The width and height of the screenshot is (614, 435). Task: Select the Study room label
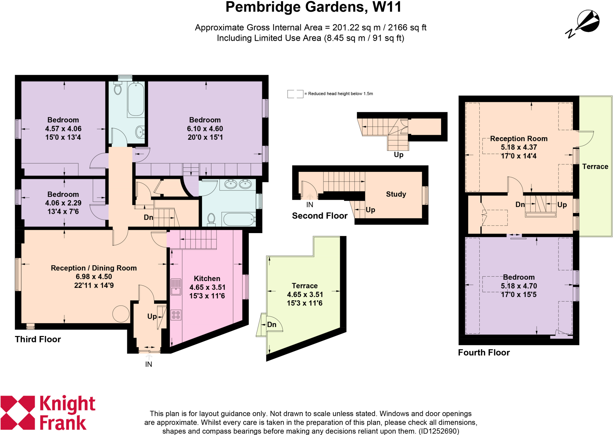coord(396,194)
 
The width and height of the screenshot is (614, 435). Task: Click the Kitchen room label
coord(207,278)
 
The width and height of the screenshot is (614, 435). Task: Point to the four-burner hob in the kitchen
coord(176,315)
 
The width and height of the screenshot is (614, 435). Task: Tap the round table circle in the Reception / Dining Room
coord(121,314)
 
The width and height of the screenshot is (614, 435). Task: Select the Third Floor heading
coord(38,339)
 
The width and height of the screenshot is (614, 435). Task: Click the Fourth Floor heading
coord(484,352)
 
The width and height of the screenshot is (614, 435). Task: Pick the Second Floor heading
coord(320,216)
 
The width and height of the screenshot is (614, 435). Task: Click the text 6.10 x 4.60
coord(205,129)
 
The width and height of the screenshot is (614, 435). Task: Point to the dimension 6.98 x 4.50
coord(94,277)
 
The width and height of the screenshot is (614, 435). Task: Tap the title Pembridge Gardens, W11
coord(313,7)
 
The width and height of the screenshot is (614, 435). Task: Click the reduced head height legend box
coord(295,94)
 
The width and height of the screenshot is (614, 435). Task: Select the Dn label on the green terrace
coord(272,325)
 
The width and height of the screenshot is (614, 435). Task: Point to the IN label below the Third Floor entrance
coord(149,364)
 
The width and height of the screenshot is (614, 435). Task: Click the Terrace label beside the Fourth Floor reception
coord(595,166)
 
